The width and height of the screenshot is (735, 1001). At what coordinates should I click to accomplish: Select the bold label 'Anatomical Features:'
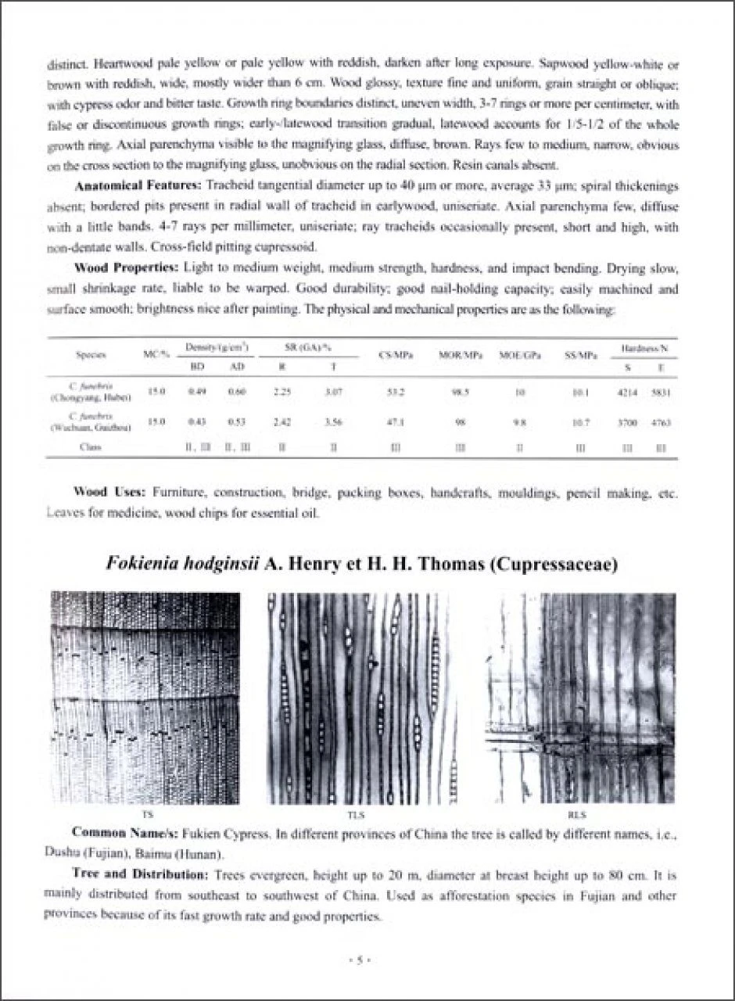click(138, 187)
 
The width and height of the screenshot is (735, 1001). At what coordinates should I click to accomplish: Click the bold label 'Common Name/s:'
click(122, 834)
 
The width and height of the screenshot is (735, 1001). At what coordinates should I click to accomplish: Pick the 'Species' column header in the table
click(91, 354)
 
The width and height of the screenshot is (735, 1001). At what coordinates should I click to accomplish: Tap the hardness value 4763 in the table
click(662, 422)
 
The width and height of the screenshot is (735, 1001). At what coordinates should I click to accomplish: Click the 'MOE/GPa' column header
click(515, 354)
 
